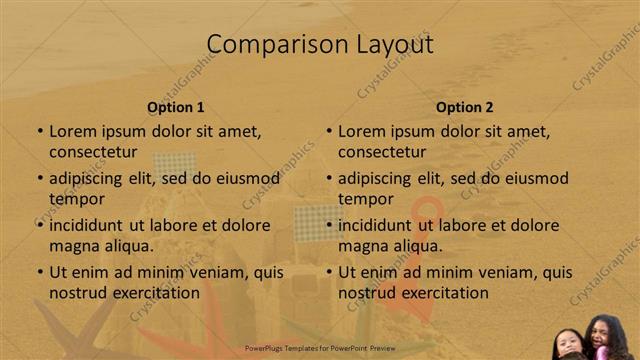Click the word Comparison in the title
(267, 44)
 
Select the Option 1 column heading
(176, 107)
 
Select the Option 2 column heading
(465, 107)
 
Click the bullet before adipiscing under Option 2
(329, 179)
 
